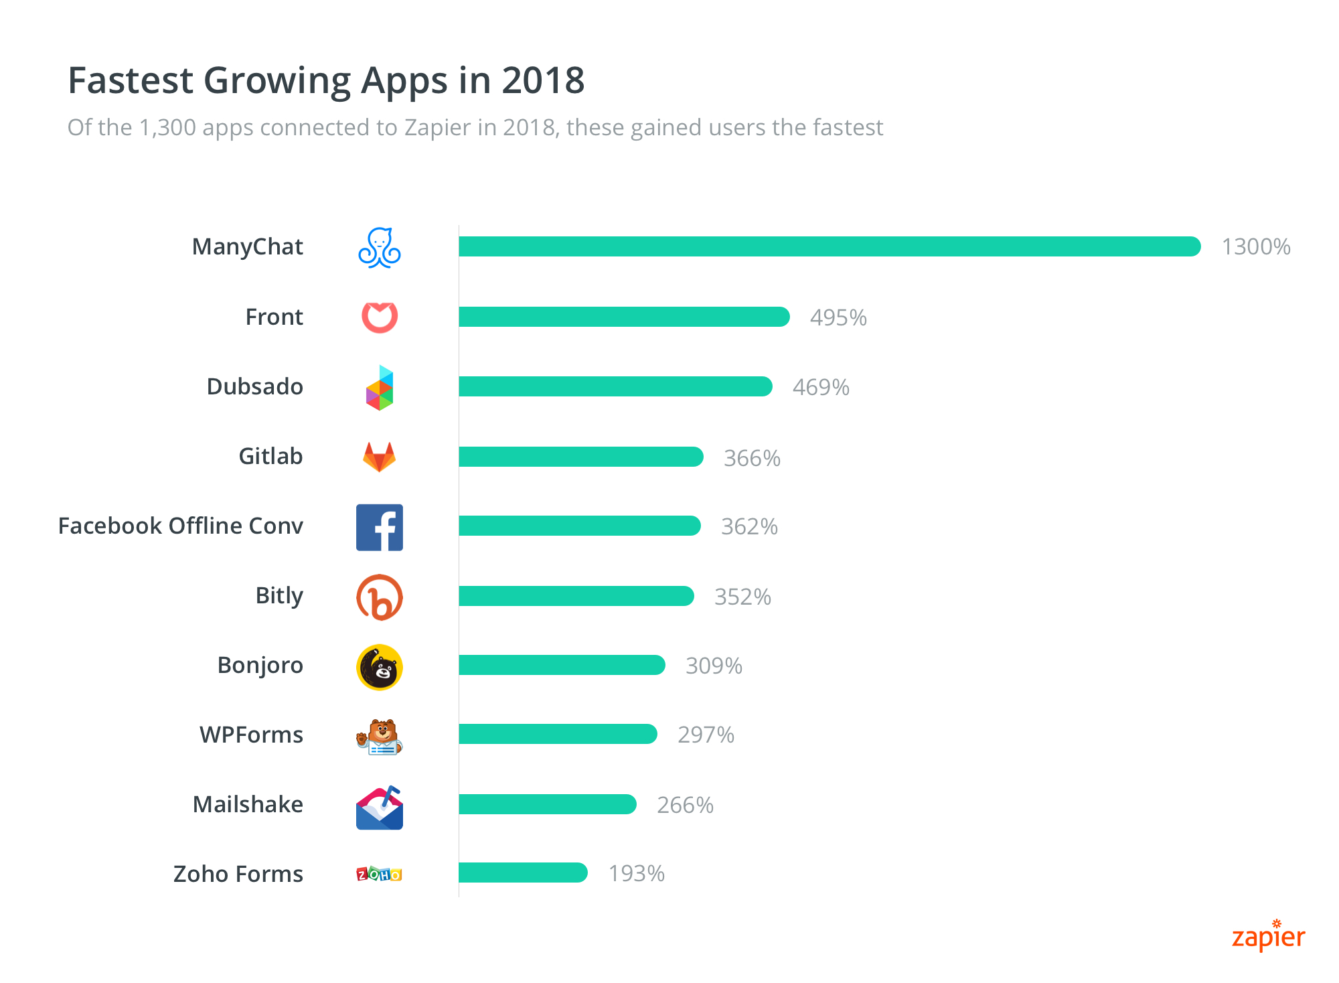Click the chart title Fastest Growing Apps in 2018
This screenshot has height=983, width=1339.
click(x=326, y=81)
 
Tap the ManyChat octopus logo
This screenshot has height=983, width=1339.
click(x=380, y=248)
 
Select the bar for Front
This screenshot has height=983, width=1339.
click(x=624, y=317)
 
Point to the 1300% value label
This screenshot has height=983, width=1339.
click(x=1256, y=247)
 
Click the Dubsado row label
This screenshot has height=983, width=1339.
click(x=254, y=387)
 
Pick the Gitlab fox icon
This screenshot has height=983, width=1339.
click(x=380, y=457)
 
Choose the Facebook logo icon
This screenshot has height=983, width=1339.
click(x=380, y=528)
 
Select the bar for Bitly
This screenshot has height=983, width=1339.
click(x=576, y=596)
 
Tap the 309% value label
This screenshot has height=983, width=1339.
click(x=714, y=666)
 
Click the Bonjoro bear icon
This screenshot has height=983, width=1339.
click(x=380, y=668)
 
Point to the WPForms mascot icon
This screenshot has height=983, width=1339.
click(x=380, y=737)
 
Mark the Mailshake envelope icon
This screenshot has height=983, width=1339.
click(x=380, y=808)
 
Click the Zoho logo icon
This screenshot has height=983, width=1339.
click(x=380, y=874)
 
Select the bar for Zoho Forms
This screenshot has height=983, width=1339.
click(x=523, y=873)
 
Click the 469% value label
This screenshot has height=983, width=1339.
click(x=821, y=388)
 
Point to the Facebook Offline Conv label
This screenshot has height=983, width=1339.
click(x=181, y=526)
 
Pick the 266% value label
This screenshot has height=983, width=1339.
click(x=685, y=805)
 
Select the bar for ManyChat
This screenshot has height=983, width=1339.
click(x=830, y=246)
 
